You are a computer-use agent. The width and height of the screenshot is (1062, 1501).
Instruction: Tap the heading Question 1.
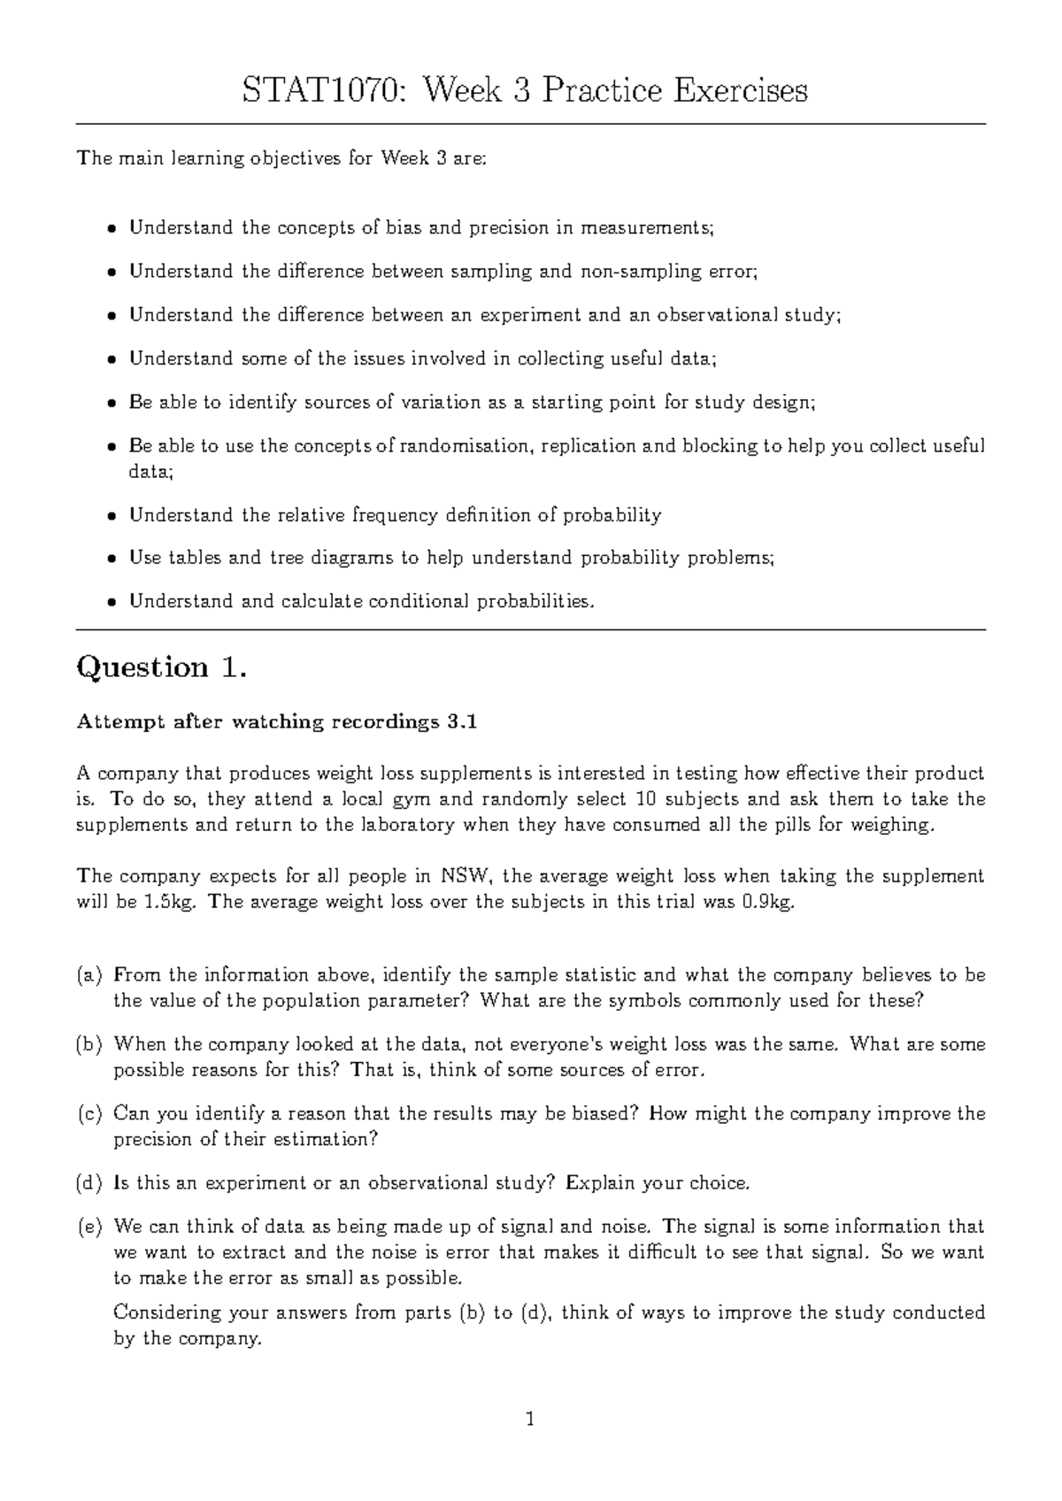pos(162,667)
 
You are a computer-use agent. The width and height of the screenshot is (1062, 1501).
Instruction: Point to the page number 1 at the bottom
pos(530,1420)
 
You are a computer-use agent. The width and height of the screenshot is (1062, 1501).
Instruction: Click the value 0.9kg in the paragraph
pos(759,903)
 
